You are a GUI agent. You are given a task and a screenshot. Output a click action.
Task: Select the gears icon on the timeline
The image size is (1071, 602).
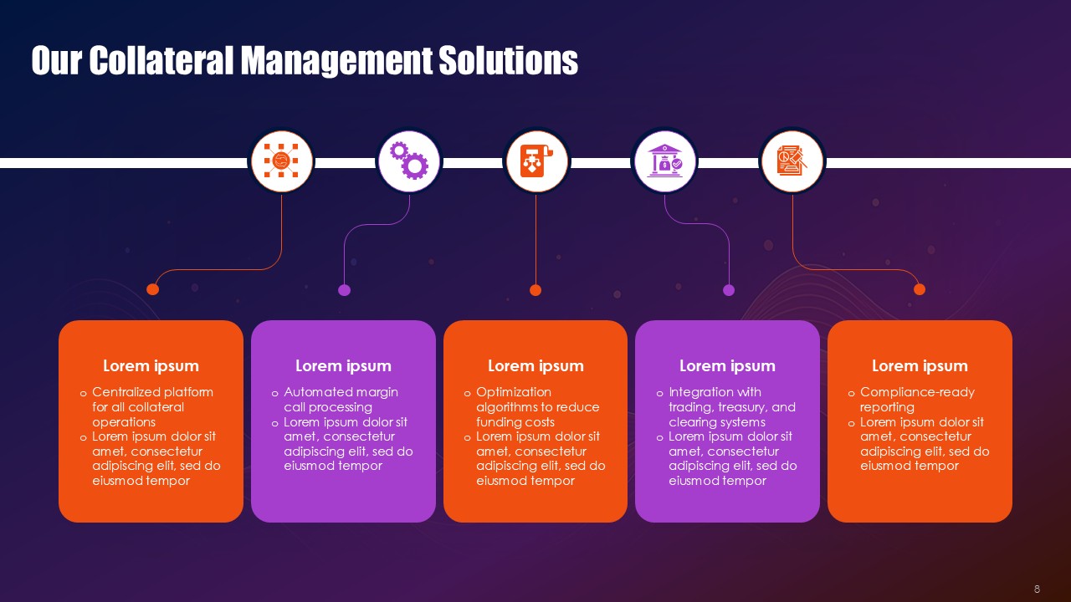pos(409,161)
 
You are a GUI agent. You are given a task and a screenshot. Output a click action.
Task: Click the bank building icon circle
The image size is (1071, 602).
pos(664,161)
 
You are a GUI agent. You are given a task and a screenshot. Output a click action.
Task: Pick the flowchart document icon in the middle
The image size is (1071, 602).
pos(536,161)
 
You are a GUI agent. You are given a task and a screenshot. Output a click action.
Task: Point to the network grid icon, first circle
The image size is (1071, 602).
pos(281,161)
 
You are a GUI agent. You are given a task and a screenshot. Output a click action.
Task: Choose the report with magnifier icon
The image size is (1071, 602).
pos(792,161)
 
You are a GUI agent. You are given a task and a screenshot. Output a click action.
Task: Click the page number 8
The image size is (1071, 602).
pos(1038,589)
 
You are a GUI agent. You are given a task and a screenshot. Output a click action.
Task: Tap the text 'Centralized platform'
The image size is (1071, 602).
pos(152,392)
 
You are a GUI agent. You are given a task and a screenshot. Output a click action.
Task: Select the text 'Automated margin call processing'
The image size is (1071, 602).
pos(340,400)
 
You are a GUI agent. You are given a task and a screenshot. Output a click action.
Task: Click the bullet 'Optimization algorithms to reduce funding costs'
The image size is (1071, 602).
pos(536,407)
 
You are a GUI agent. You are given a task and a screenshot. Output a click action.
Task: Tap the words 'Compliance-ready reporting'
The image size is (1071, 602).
pos(916,400)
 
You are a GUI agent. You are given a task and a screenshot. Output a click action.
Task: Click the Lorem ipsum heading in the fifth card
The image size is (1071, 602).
pos(920,365)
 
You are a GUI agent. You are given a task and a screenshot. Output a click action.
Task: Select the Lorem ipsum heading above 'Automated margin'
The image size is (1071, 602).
pos(343,365)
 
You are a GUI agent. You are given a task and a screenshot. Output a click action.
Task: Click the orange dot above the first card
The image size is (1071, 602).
pos(152,289)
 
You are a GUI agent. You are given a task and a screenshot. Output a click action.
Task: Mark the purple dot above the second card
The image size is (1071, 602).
pos(344,290)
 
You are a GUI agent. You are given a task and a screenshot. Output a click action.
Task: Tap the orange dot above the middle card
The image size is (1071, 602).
pos(535,290)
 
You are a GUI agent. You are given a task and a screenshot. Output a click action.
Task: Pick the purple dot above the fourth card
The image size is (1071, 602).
pos(729,290)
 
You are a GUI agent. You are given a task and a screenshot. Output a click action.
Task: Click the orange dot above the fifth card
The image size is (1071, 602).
pos(920,289)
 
